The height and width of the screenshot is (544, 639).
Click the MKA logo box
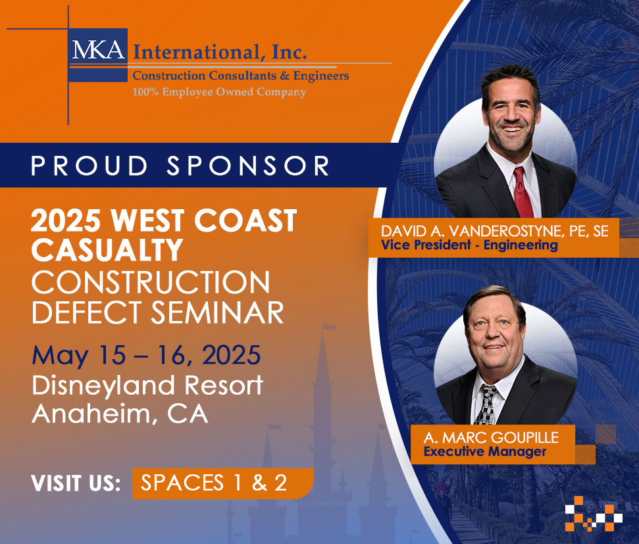pos(98,55)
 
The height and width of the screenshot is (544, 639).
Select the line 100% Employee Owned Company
pos(219,92)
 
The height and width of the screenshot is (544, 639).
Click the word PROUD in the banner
pos(89,166)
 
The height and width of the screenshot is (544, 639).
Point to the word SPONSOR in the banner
pos(248,166)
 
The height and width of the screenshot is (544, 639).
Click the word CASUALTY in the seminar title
pos(107,249)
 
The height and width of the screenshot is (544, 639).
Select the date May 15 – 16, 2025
pos(146,355)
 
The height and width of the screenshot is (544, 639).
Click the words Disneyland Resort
pos(147,385)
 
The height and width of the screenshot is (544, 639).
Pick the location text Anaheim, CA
pos(120,414)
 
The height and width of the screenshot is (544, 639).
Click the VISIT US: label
pos(76,483)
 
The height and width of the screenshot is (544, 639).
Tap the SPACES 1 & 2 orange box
pos(222,483)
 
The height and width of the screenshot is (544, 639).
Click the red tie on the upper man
pos(523,192)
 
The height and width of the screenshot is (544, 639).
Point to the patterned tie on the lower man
pos(487,405)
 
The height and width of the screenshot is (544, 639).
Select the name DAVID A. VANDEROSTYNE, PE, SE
pos(495,231)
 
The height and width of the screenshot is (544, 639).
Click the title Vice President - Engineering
pos(469,245)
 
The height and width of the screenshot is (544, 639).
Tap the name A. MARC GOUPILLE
pos(491,437)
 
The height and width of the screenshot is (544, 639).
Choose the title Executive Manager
pos(485,451)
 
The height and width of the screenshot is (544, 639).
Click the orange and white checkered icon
pos(594,514)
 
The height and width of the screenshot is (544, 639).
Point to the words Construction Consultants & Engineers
pos(241,76)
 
